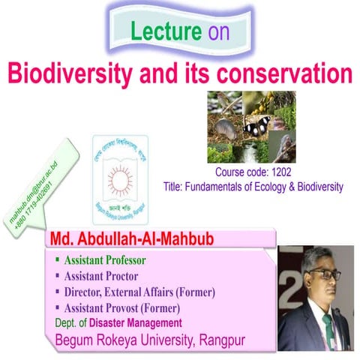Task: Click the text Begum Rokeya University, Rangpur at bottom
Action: (x=149, y=339)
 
